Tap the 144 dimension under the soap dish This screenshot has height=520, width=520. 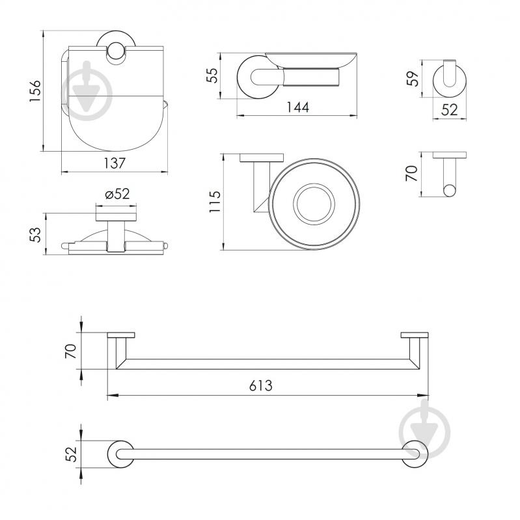(x=297, y=107)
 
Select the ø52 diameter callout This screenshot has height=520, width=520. (x=117, y=194)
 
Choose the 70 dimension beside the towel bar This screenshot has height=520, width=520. (x=72, y=352)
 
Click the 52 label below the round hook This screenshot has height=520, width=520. (x=450, y=110)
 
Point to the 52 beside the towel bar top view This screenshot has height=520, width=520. (x=72, y=453)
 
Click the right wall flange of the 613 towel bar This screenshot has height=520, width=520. (x=414, y=336)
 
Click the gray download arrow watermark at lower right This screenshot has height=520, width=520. (x=423, y=428)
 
